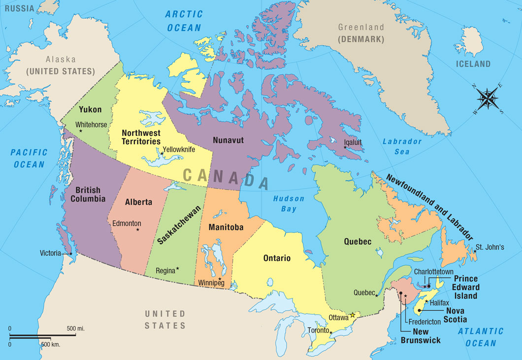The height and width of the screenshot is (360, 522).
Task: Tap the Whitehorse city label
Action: pos(91,125)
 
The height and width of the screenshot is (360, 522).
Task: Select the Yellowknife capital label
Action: pos(179,149)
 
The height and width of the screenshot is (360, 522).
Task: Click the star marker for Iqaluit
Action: pos(345,148)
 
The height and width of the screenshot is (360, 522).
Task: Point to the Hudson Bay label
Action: pos(286,204)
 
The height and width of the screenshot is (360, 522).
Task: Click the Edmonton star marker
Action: pos(137,229)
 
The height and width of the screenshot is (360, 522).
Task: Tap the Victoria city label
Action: pos(51,253)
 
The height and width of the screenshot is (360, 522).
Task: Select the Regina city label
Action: pos(165,270)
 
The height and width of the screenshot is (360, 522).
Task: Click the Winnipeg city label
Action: pos(212,283)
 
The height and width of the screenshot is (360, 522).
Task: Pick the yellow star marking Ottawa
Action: pos(353,315)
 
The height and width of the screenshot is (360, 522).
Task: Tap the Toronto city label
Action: pos(318,330)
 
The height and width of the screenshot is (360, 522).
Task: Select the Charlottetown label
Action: pos(433,271)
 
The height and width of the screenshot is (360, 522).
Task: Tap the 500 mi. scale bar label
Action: pos(77,328)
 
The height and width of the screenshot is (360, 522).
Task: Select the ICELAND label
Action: pos(473,64)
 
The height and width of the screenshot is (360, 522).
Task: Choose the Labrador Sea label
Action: pos(402,146)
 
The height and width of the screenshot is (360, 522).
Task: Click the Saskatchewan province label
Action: pos(180,225)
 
